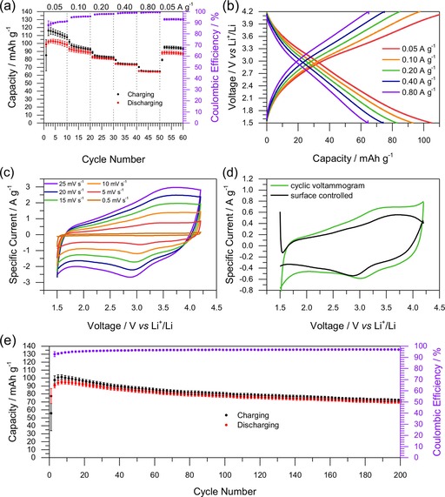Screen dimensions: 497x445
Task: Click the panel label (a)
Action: coord(10,7)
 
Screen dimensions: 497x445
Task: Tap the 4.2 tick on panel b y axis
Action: coord(253,13)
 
